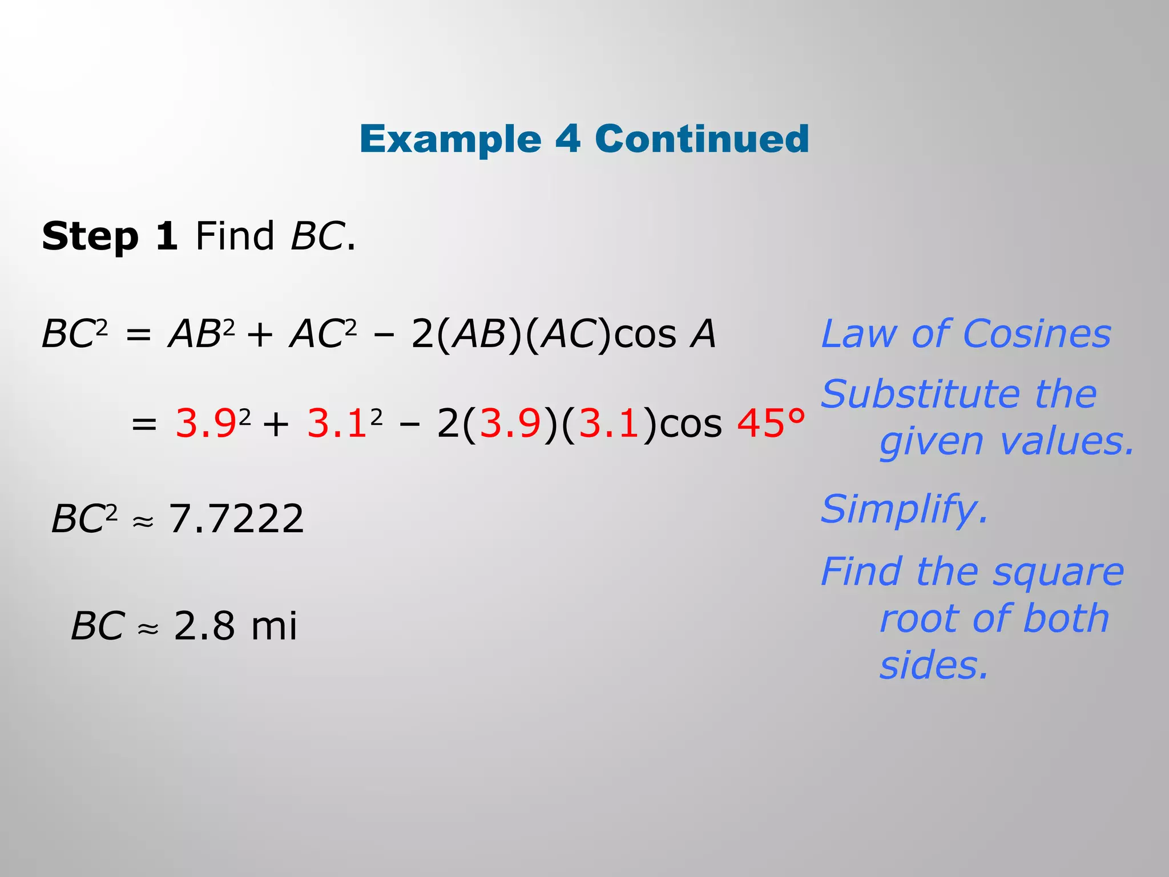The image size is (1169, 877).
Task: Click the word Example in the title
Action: pyautogui.click(x=450, y=140)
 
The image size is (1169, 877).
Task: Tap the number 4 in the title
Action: pyautogui.click(x=568, y=139)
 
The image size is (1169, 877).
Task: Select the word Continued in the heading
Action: pyautogui.click(x=702, y=139)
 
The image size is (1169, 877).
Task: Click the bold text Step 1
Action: pyautogui.click(x=110, y=236)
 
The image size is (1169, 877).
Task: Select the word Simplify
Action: pyautogui.click(x=904, y=509)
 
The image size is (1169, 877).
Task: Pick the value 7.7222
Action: pyautogui.click(x=236, y=519)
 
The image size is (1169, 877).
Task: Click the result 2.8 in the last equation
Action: pyautogui.click(x=204, y=626)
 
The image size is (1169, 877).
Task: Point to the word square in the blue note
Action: pyautogui.click(x=1058, y=573)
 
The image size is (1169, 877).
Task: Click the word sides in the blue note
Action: pyautogui.click(x=933, y=666)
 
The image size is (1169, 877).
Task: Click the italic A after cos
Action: pyautogui.click(x=703, y=334)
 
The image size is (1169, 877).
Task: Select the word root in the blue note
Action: pyautogui.click(x=915, y=619)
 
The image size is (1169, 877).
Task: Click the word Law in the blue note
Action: pyautogui.click(x=858, y=334)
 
